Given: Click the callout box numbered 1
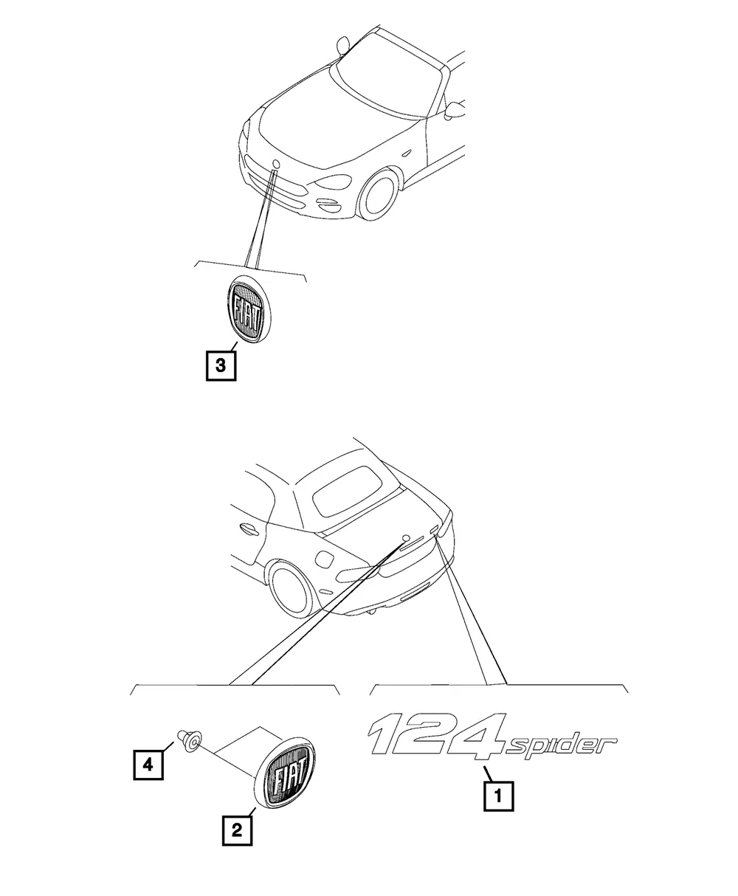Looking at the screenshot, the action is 498,796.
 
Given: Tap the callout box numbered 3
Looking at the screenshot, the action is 221,365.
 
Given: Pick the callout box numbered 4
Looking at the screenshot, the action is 148,765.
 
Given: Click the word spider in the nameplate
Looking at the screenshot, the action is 560,746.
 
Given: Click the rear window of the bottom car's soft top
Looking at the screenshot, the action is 348,491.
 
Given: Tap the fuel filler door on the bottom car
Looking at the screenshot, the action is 325,559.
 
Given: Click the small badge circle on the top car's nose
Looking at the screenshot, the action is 277,164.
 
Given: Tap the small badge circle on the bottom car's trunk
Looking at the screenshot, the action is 405,538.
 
